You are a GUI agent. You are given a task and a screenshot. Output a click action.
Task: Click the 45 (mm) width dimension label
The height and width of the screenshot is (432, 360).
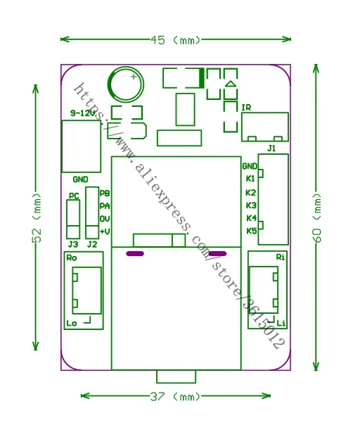point(175,40)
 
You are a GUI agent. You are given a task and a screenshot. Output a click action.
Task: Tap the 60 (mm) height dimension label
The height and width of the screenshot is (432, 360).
point(317,217)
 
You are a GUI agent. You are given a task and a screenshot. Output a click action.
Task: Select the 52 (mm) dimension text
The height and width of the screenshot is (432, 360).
point(37,217)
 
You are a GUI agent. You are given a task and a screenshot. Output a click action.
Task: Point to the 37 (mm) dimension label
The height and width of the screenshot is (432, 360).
point(175,397)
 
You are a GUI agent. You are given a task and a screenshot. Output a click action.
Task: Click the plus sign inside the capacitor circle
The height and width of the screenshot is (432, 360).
point(134,77)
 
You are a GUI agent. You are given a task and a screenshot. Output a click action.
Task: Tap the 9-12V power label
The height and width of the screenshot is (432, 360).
point(82,113)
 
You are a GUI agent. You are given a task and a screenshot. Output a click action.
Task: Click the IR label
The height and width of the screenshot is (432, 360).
point(246,108)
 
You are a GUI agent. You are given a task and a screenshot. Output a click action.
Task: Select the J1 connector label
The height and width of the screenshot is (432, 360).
point(271,148)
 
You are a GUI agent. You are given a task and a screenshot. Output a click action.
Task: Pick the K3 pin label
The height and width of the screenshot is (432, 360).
point(251,205)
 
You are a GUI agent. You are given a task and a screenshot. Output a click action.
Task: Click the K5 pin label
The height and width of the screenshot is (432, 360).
point(251,231)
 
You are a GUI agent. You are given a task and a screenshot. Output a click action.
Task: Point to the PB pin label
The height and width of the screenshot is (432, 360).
point(105,193)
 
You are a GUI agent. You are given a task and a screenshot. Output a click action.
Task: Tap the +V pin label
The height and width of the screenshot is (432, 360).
point(105,231)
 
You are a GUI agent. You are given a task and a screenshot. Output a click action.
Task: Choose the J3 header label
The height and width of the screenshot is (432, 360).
point(73,244)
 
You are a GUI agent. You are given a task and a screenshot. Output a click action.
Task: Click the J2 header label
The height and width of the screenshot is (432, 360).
point(92,244)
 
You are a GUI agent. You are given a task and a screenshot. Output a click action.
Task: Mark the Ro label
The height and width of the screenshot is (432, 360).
point(72,258)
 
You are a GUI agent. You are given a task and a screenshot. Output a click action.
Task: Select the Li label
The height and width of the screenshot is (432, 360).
point(281,323)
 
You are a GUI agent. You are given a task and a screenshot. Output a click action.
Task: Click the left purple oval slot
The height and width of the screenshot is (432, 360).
point(135,253)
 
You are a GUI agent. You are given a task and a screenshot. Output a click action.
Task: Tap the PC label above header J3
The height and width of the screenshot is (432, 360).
point(74,196)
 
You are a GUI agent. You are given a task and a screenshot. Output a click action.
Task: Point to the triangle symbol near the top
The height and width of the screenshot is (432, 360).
point(231,84)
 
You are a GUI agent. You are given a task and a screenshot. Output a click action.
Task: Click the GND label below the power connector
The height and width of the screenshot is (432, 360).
point(80,179)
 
